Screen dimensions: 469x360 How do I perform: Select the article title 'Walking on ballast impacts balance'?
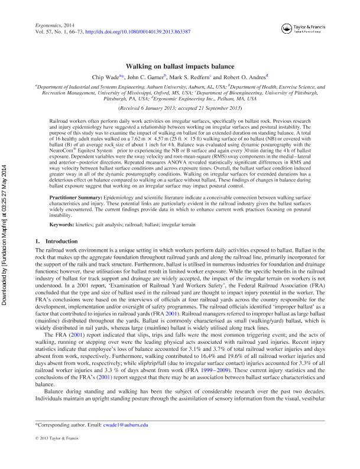[x=180, y=67]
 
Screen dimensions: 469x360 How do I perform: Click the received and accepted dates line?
[x=180, y=109]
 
